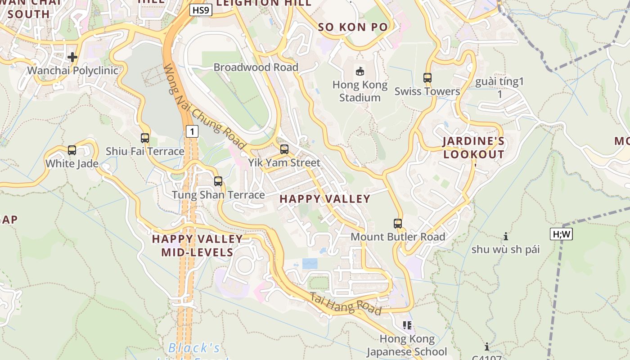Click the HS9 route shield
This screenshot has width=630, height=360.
[x=201, y=10]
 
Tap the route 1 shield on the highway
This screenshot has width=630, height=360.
[x=192, y=131]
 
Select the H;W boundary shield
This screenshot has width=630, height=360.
[x=561, y=234]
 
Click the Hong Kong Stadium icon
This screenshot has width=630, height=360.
[x=360, y=71]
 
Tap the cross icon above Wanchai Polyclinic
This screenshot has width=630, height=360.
[x=72, y=57]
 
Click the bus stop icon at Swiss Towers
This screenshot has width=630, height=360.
[x=427, y=78]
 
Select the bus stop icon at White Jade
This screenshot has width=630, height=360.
[x=72, y=150]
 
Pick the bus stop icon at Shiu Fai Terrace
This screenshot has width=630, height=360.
[x=145, y=138]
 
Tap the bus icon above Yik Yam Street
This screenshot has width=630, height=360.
[x=284, y=149]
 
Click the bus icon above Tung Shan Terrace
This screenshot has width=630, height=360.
[x=218, y=181]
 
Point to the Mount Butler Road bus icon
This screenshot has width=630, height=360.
[x=398, y=224]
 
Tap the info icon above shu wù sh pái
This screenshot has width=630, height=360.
[x=506, y=236]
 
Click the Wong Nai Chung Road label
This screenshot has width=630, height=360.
[x=204, y=108]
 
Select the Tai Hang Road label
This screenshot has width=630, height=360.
[x=346, y=303]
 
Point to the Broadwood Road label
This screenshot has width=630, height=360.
[x=256, y=67]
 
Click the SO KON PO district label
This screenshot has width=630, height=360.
[x=353, y=27]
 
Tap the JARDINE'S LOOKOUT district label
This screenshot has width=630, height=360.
[x=473, y=148]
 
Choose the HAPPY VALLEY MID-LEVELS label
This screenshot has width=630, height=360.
[x=197, y=245]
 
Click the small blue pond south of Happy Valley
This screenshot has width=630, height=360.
[x=310, y=264]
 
